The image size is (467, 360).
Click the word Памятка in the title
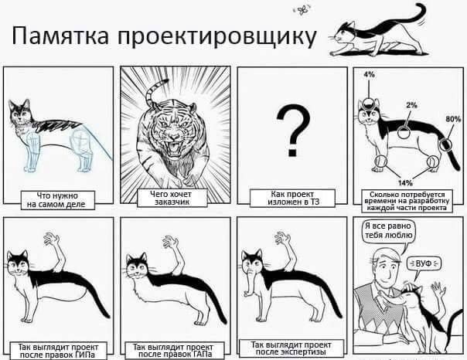tap(60, 36)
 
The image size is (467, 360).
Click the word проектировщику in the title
tap(216, 38)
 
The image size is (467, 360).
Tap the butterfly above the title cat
tap(302, 10)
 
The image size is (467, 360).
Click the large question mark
tap(293, 131)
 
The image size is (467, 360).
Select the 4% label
tap(369, 75)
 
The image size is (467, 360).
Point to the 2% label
tap(411, 105)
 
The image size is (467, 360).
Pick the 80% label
tap(453, 119)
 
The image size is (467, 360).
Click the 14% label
tap(405, 182)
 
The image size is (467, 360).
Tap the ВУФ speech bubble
tap(424, 263)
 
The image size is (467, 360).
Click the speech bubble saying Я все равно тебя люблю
tap(388, 232)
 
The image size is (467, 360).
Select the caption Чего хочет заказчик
tap(172, 198)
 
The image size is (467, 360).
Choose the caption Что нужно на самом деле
tap(57, 200)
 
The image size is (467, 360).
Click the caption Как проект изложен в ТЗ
tap(292, 198)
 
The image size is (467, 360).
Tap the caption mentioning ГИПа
tap(59, 351)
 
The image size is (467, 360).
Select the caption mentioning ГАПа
tap(174, 351)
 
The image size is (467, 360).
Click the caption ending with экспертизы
tap(291, 348)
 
